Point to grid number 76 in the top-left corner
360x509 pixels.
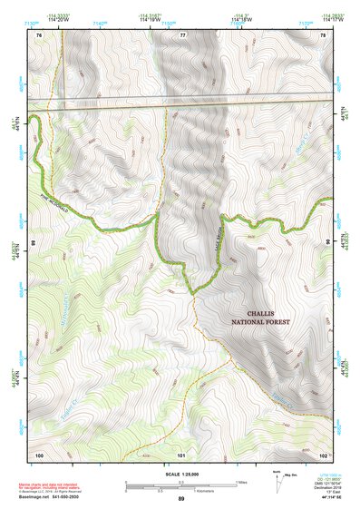point(39,34)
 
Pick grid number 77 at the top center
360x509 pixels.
point(182,34)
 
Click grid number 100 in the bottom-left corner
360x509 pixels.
point(39,454)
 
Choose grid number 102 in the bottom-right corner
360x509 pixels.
point(324,454)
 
